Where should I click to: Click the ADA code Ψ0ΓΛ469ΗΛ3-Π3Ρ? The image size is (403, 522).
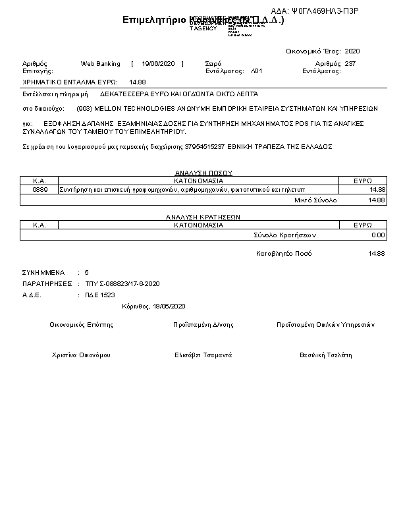(x=324, y=12)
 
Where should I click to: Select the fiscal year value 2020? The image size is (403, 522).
(x=352, y=51)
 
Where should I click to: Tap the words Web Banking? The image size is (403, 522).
(x=100, y=64)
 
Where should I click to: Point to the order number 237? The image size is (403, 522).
(x=350, y=64)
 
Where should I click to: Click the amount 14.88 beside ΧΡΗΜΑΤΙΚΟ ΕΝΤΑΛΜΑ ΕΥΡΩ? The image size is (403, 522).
(x=138, y=82)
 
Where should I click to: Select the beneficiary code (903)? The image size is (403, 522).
(x=84, y=107)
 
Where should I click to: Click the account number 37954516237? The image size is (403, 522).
(x=203, y=146)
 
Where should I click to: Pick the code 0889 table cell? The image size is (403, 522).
(x=40, y=189)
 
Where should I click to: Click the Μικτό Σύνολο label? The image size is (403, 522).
(x=315, y=199)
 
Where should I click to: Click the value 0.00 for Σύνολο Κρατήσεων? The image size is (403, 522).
(x=378, y=234)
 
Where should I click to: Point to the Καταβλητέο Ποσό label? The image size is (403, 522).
(x=284, y=253)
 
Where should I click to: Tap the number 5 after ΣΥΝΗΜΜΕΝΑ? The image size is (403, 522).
(x=86, y=272)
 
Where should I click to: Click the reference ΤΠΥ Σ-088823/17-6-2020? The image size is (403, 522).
(x=122, y=283)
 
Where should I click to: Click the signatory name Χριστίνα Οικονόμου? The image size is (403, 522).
(x=81, y=355)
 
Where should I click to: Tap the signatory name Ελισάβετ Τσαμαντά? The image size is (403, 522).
(x=203, y=355)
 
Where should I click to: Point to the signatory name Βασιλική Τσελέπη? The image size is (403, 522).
(x=326, y=355)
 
